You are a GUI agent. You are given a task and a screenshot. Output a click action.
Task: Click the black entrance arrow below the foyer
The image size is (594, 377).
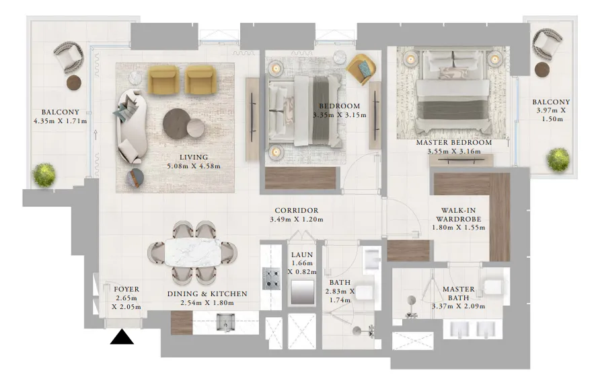click(122, 337)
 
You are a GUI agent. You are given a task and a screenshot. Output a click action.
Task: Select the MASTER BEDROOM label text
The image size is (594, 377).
click(453, 143)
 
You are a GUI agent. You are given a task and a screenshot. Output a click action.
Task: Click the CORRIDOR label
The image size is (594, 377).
click(296, 211)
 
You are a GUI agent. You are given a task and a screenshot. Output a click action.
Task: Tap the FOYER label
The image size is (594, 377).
click(126, 289)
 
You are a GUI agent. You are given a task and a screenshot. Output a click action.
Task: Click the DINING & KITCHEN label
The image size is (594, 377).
click(207, 294)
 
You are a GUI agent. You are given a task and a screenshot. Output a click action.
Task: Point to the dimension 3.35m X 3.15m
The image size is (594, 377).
click(339, 115)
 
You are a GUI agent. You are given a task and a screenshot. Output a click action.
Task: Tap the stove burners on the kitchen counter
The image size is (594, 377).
click(271, 277)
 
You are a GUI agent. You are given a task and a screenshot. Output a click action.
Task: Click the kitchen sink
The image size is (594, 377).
click(225, 324)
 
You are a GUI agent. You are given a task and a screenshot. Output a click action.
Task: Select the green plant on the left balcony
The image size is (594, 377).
click(45, 174)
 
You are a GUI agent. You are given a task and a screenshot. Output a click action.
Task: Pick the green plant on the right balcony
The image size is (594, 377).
click(558, 159)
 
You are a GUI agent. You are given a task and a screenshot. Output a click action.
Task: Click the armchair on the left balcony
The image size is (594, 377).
click(68, 57)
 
